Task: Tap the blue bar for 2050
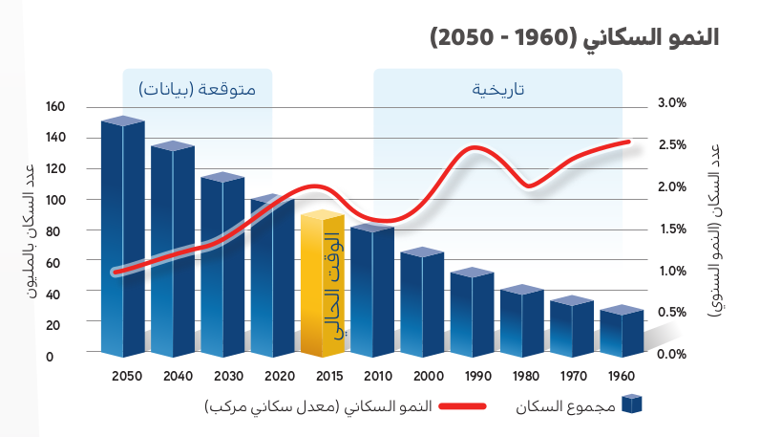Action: [x=122, y=239]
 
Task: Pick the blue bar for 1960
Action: [x=621, y=333]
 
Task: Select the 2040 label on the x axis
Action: [x=176, y=376]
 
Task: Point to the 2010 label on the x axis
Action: [x=371, y=376]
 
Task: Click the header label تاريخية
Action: [x=497, y=89]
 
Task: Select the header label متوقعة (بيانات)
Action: [x=198, y=89]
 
